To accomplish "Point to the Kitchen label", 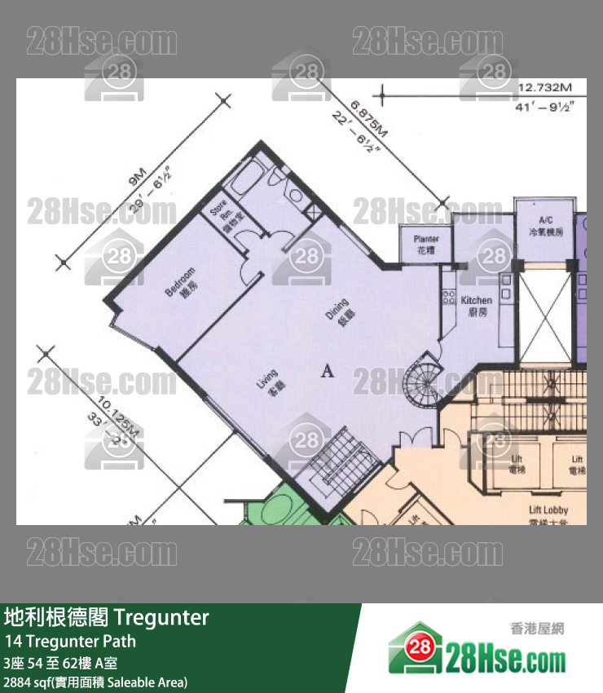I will tap(476, 305).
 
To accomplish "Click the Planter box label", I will tap(426, 244).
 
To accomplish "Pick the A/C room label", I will tap(546, 226).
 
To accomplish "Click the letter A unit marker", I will tap(328, 372).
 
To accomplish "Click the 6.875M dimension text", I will tap(369, 120).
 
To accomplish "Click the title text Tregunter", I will tap(163, 617).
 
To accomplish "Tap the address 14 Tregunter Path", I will tap(69, 641).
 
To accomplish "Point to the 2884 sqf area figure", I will tap(24, 682).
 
